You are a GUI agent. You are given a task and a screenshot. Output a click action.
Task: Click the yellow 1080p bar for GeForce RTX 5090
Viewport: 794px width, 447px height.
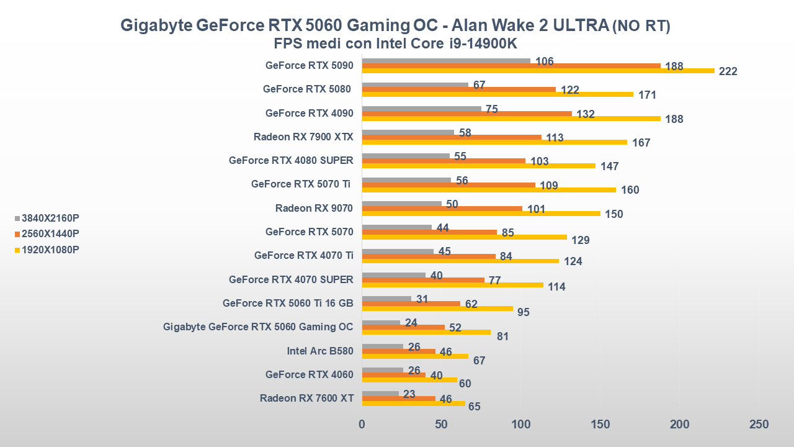coord(538,71)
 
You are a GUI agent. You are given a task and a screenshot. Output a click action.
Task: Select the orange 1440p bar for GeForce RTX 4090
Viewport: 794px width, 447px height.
coord(466,114)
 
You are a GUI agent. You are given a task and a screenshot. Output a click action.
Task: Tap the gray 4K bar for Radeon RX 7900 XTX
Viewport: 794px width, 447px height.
coord(408,132)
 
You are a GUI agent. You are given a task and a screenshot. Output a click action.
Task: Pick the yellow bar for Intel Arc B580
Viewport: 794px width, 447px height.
coord(415,356)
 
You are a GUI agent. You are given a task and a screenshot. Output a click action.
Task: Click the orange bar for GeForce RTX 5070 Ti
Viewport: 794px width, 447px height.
coord(448,185)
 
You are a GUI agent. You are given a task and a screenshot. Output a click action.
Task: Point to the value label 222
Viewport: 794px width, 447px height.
coord(728,71)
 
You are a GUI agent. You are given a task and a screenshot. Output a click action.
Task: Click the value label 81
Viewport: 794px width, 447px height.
coord(503,336)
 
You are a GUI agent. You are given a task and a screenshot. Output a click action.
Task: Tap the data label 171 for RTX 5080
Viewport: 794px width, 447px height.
coord(647,95)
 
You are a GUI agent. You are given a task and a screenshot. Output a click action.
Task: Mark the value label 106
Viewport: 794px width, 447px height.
coord(544,61)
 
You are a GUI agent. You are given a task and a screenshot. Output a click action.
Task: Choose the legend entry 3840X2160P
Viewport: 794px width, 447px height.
coord(50,218)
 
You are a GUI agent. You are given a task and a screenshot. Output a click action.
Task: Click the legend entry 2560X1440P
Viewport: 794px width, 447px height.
coord(50,233)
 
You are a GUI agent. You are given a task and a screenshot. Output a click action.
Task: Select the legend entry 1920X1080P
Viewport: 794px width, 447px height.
coord(50,250)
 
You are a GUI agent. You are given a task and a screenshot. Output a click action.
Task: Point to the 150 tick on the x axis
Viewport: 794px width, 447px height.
coord(600,424)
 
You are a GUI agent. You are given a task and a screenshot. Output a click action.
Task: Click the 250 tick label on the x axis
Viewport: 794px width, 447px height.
coord(759,424)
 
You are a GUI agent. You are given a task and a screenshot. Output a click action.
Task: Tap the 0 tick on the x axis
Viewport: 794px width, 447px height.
coord(362,424)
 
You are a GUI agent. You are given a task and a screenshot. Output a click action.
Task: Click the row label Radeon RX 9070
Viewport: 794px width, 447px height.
coord(314,208)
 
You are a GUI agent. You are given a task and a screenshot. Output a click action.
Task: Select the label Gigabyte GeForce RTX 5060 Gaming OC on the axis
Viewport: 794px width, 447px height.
coord(258,327)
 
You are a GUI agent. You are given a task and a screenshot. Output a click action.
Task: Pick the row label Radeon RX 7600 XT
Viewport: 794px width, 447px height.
coord(306,398)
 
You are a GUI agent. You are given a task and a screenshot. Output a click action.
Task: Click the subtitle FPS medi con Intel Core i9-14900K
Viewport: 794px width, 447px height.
coord(396,43)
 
